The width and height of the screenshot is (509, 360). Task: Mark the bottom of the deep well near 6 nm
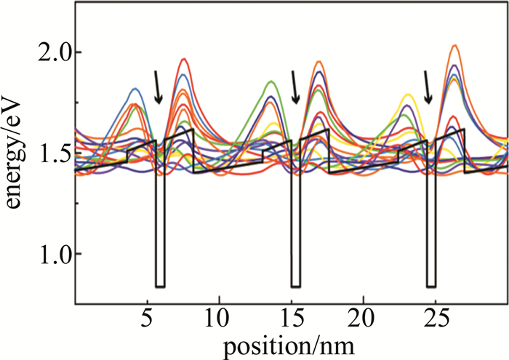pyautogui.click(x=160, y=287)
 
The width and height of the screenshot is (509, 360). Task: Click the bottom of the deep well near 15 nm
pyautogui.click(x=296, y=287)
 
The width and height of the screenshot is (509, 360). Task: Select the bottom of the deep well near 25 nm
pyautogui.click(x=430, y=287)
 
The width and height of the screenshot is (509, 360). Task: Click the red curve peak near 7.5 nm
pyautogui.click(x=184, y=59)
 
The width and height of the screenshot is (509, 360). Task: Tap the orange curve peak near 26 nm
pyautogui.click(x=455, y=45)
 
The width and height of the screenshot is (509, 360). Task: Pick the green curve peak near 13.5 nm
pyautogui.click(x=270, y=81)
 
